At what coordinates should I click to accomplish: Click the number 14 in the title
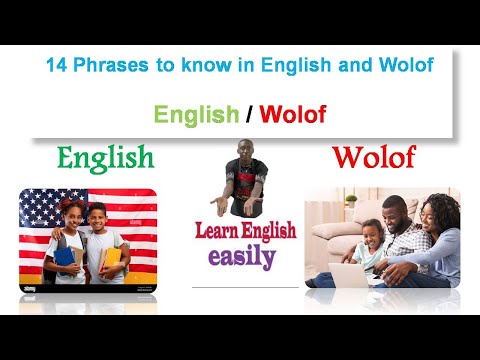coord(56,68)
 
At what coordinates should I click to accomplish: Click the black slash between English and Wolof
coord(247,114)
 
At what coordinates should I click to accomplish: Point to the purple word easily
coord(241,256)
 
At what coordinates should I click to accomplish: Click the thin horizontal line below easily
coord(245,287)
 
